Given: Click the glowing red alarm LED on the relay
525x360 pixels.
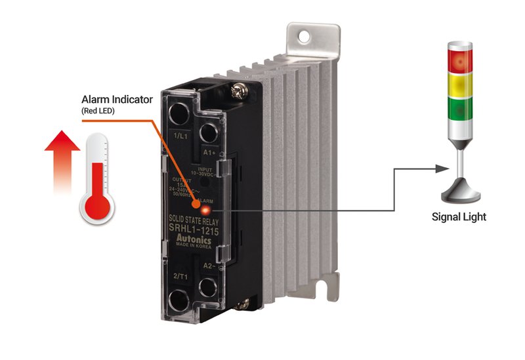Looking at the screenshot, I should point(205,210).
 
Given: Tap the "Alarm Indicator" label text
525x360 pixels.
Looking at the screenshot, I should point(117,100).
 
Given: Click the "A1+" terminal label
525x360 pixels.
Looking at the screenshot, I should point(209,151).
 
